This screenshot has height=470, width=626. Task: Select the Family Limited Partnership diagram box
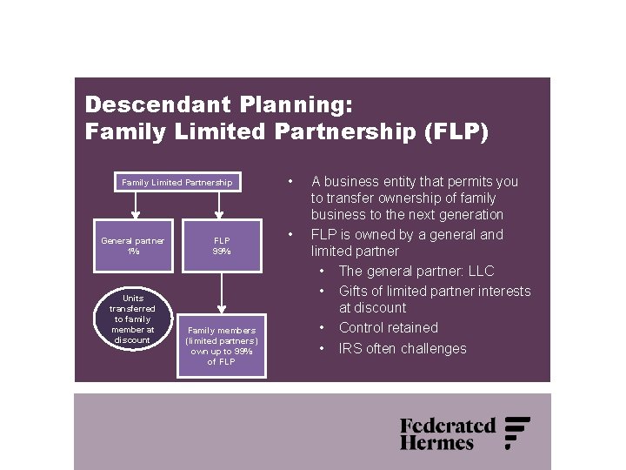(x=177, y=183)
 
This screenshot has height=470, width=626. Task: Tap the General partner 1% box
(x=133, y=245)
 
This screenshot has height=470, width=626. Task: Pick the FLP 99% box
(x=222, y=245)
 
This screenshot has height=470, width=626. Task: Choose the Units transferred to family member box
(x=133, y=319)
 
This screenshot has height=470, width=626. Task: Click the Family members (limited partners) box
(x=222, y=346)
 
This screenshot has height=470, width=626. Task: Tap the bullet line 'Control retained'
(x=388, y=328)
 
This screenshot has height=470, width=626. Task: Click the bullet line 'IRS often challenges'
(x=403, y=349)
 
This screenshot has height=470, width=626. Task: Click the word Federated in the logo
(x=447, y=426)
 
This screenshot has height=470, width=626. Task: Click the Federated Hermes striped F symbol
(x=516, y=433)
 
